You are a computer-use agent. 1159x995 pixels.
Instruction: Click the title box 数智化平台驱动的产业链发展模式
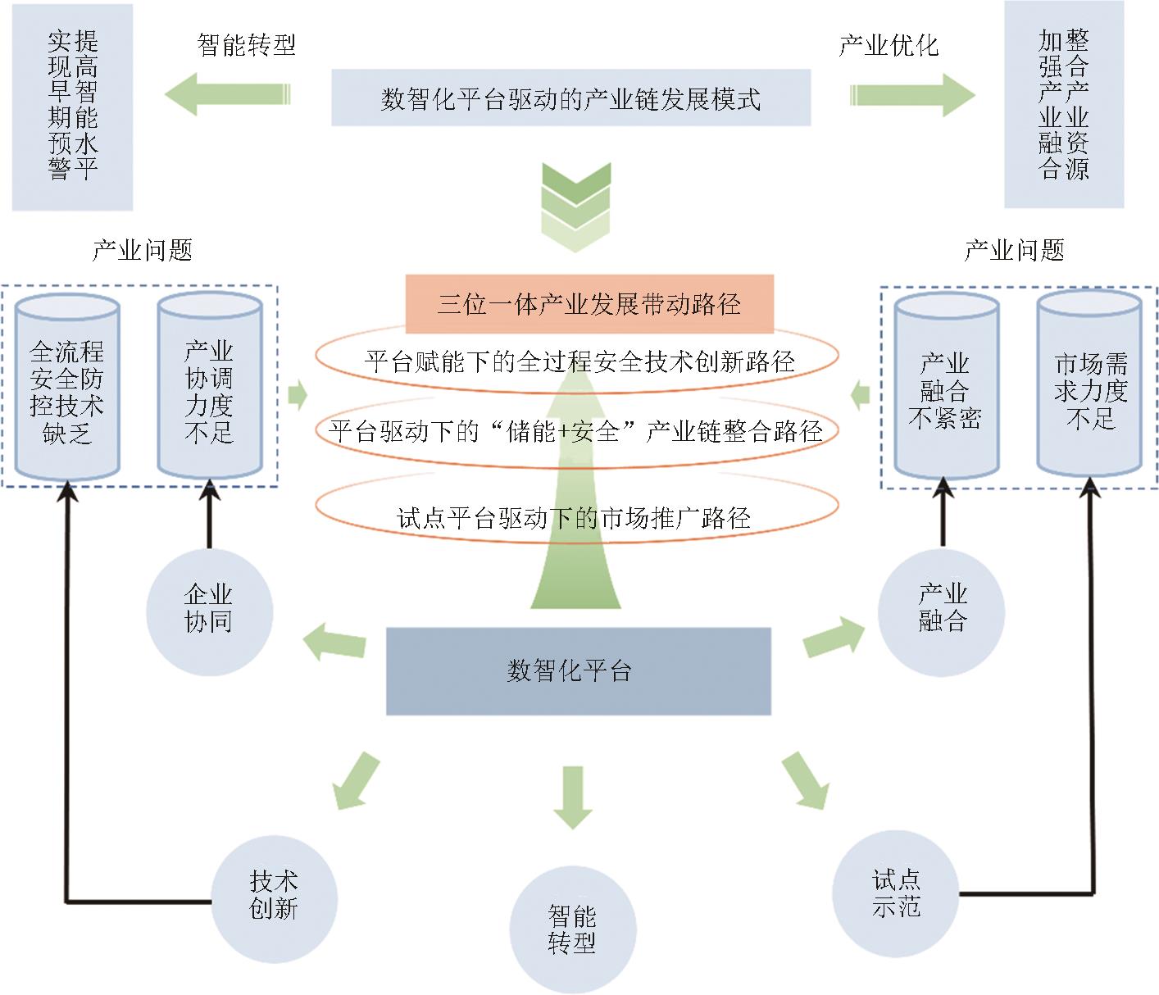[570, 98]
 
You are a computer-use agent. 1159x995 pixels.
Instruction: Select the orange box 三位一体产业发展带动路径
[589, 304]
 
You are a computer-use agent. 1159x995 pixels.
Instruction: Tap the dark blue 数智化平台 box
[578, 671]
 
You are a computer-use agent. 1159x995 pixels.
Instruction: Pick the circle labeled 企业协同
[209, 611]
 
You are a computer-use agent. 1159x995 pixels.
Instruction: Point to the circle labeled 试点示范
[895, 892]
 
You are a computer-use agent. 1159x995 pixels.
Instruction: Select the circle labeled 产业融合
[941, 611]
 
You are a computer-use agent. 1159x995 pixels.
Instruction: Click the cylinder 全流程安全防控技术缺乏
[67, 389]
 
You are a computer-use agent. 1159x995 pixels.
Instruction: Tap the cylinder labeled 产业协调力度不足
[210, 389]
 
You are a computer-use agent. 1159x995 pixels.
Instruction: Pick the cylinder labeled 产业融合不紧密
[946, 389]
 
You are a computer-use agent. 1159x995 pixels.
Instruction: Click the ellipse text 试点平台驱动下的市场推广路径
[575, 518]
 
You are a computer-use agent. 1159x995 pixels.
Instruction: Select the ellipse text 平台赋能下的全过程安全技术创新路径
[579, 361]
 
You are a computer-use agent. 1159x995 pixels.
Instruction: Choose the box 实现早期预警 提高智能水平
[73, 107]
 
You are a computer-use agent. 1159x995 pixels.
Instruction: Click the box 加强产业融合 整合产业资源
[1064, 105]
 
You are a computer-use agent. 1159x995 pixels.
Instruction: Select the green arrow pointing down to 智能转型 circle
[572, 796]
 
